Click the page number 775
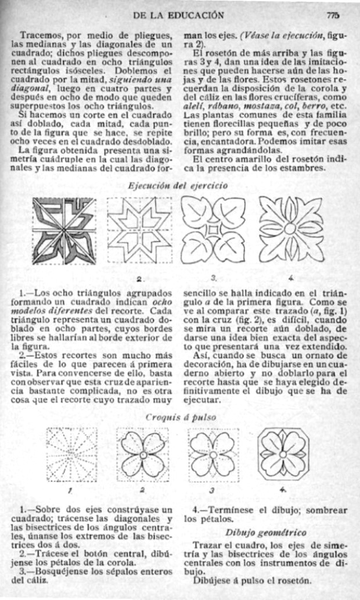333,15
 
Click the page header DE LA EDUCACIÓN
178,15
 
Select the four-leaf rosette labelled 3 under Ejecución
214,230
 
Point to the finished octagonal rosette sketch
283,453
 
